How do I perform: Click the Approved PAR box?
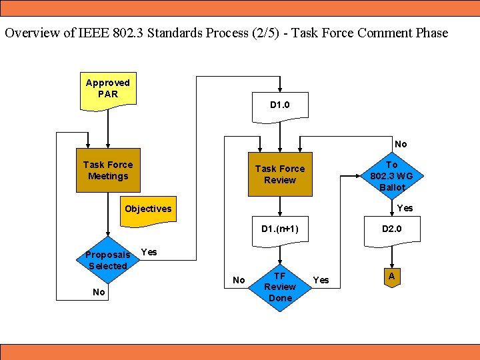[107, 89]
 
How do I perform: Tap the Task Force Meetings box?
[107, 171]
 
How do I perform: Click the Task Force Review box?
[279, 175]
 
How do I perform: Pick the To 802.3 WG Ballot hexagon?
[391, 175]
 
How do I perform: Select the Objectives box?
[148, 209]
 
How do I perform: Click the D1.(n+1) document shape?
[279, 230]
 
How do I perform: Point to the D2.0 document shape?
[391, 230]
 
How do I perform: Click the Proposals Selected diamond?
[107, 261]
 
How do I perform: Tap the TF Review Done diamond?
[279, 287]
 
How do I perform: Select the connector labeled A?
[391, 277]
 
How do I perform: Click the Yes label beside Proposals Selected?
[149, 252]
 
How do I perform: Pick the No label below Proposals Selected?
[99, 292]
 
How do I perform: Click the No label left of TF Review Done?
[239, 280]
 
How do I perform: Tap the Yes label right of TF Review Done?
[321, 280]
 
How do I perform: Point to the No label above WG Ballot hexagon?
[400, 144]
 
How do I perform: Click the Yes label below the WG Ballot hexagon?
[405, 208]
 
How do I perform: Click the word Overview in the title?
[32, 33]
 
